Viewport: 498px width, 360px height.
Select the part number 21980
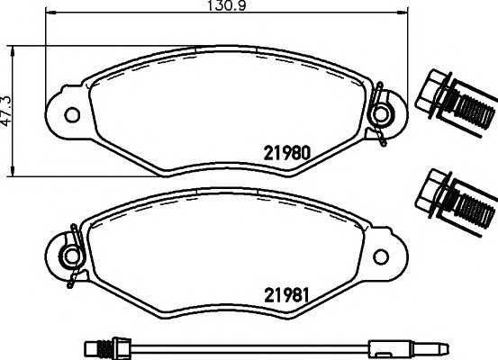pos(286,152)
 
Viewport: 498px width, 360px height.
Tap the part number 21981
pos(286,294)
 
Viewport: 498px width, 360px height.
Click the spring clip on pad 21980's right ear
pos(382,113)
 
